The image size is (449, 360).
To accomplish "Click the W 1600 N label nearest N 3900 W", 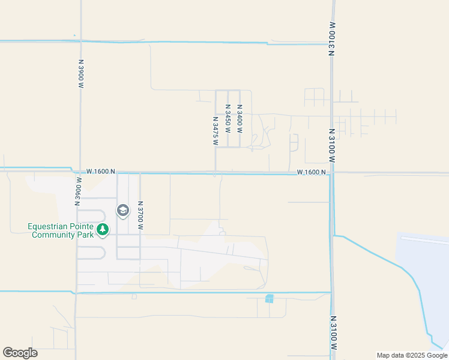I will [x=100, y=172].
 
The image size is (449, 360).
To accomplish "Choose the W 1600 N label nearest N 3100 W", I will [x=311, y=172].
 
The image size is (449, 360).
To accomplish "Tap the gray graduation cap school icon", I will [x=123, y=211].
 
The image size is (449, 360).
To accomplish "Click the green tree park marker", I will [x=103, y=229].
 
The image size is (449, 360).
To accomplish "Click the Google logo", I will [x=20, y=353].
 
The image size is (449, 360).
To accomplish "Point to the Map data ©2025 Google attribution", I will [x=412, y=355].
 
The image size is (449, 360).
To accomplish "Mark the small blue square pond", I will [x=269, y=299].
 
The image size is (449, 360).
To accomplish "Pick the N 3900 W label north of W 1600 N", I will [x=80, y=74].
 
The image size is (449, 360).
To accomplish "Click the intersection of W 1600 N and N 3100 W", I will [x=331, y=173].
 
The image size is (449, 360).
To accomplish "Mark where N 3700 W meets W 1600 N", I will [x=140, y=173].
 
